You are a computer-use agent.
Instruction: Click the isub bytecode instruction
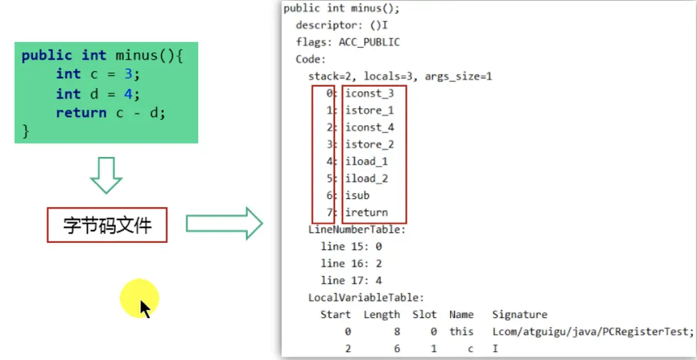(x=357, y=195)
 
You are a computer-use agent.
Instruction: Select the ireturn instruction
(x=367, y=213)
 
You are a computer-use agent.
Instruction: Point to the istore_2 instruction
(x=369, y=145)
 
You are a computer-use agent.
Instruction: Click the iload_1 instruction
(x=366, y=162)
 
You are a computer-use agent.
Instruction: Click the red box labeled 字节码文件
(x=107, y=225)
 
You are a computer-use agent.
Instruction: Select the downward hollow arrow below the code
(x=106, y=175)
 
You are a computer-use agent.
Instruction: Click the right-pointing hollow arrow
(x=224, y=224)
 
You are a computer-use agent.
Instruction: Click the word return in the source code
(x=81, y=113)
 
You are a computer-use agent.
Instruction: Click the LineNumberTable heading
(x=356, y=230)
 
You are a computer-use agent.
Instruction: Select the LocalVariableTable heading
(x=366, y=297)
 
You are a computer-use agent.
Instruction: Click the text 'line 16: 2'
(x=351, y=264)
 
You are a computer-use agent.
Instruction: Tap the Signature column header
(x=519, y=315)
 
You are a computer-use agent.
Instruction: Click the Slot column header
(x=425, y=315)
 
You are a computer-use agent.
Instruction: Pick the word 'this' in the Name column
(x=461, y=332)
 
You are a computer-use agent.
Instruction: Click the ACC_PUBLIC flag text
(x=369, y=42)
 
